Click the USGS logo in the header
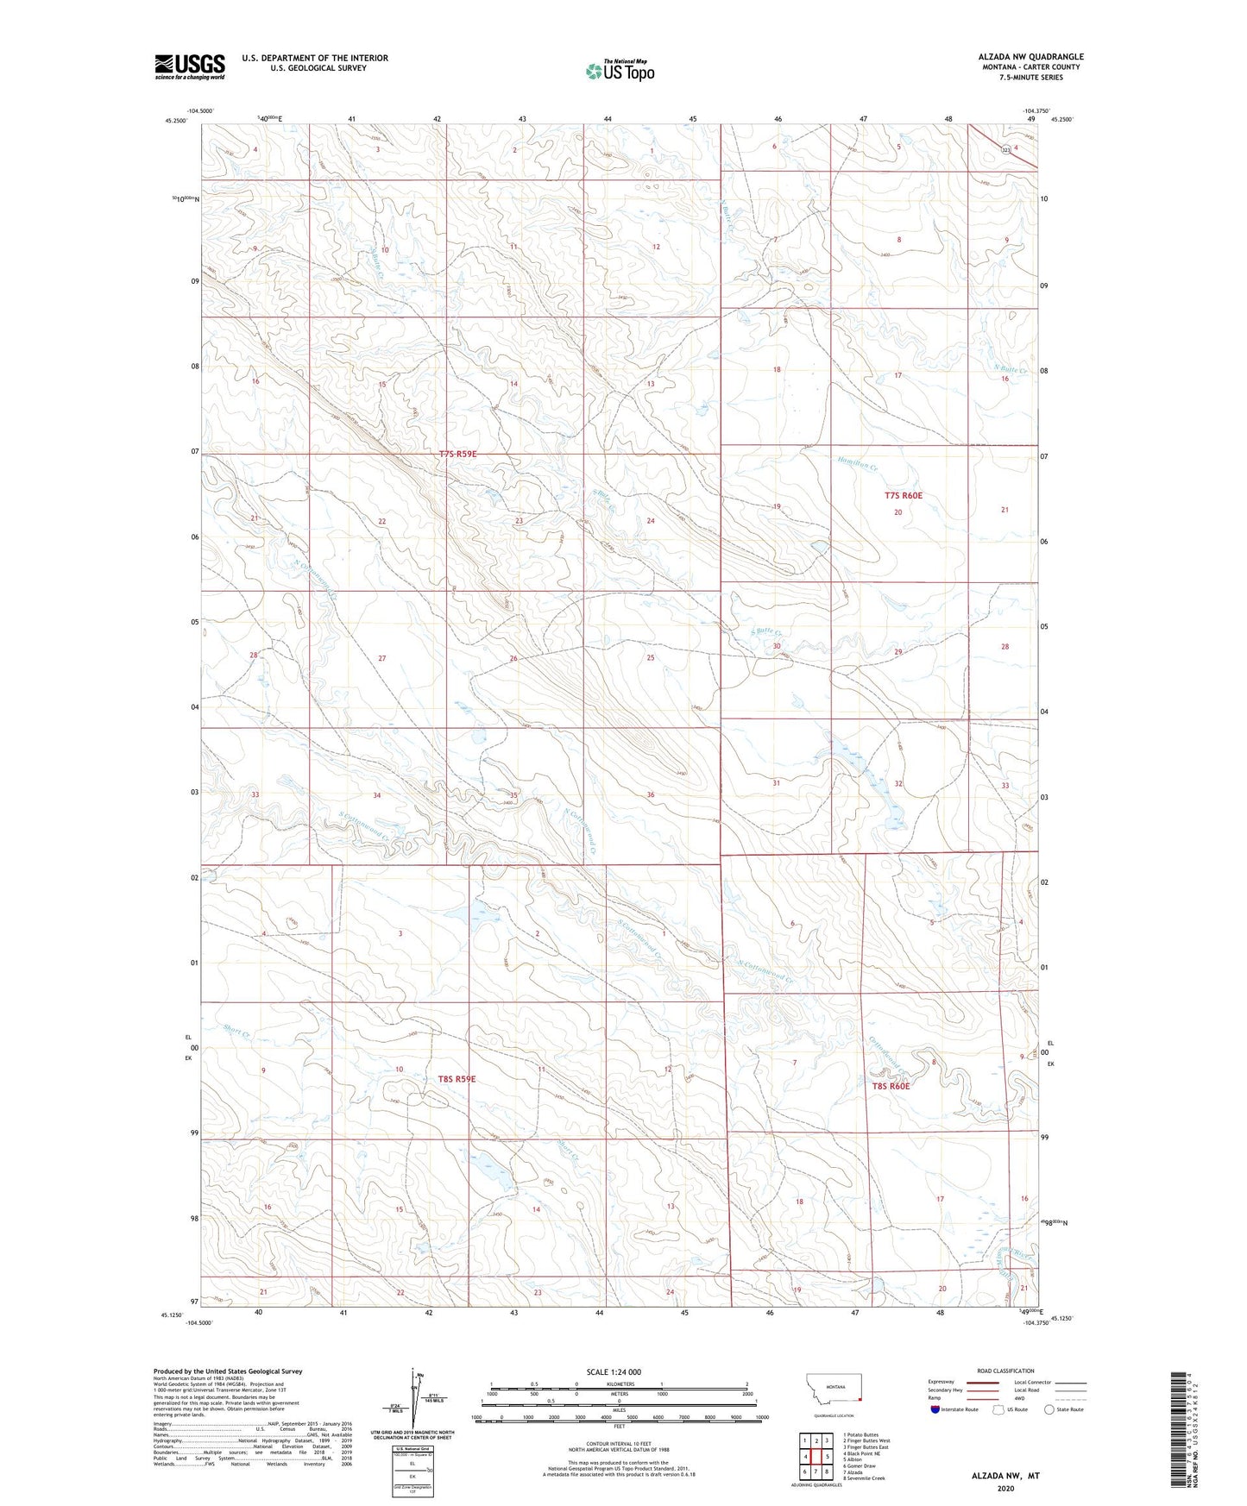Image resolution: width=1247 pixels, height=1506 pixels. coord(190,66)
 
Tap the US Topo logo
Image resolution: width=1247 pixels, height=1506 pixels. coord(619,71)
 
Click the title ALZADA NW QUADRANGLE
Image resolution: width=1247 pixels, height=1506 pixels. coord(1018,57)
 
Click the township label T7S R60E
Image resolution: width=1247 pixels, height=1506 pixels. coord(904,495)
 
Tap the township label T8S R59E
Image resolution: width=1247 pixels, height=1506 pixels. coord(457,1079)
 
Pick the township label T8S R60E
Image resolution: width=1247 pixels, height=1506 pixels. coord(891,1087)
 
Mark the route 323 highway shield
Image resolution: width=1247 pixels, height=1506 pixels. coord(1006,150)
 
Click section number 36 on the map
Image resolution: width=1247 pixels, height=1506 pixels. coord(650,794)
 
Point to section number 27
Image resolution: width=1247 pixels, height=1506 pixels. coord(381,658)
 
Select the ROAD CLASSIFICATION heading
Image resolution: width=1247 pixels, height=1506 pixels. coord(1005,1371)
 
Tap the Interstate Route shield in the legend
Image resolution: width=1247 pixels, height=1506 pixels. coord(936,1409)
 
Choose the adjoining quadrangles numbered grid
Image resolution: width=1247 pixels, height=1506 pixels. coord(816,1458)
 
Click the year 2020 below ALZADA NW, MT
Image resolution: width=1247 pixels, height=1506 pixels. coord(1005,1488)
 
